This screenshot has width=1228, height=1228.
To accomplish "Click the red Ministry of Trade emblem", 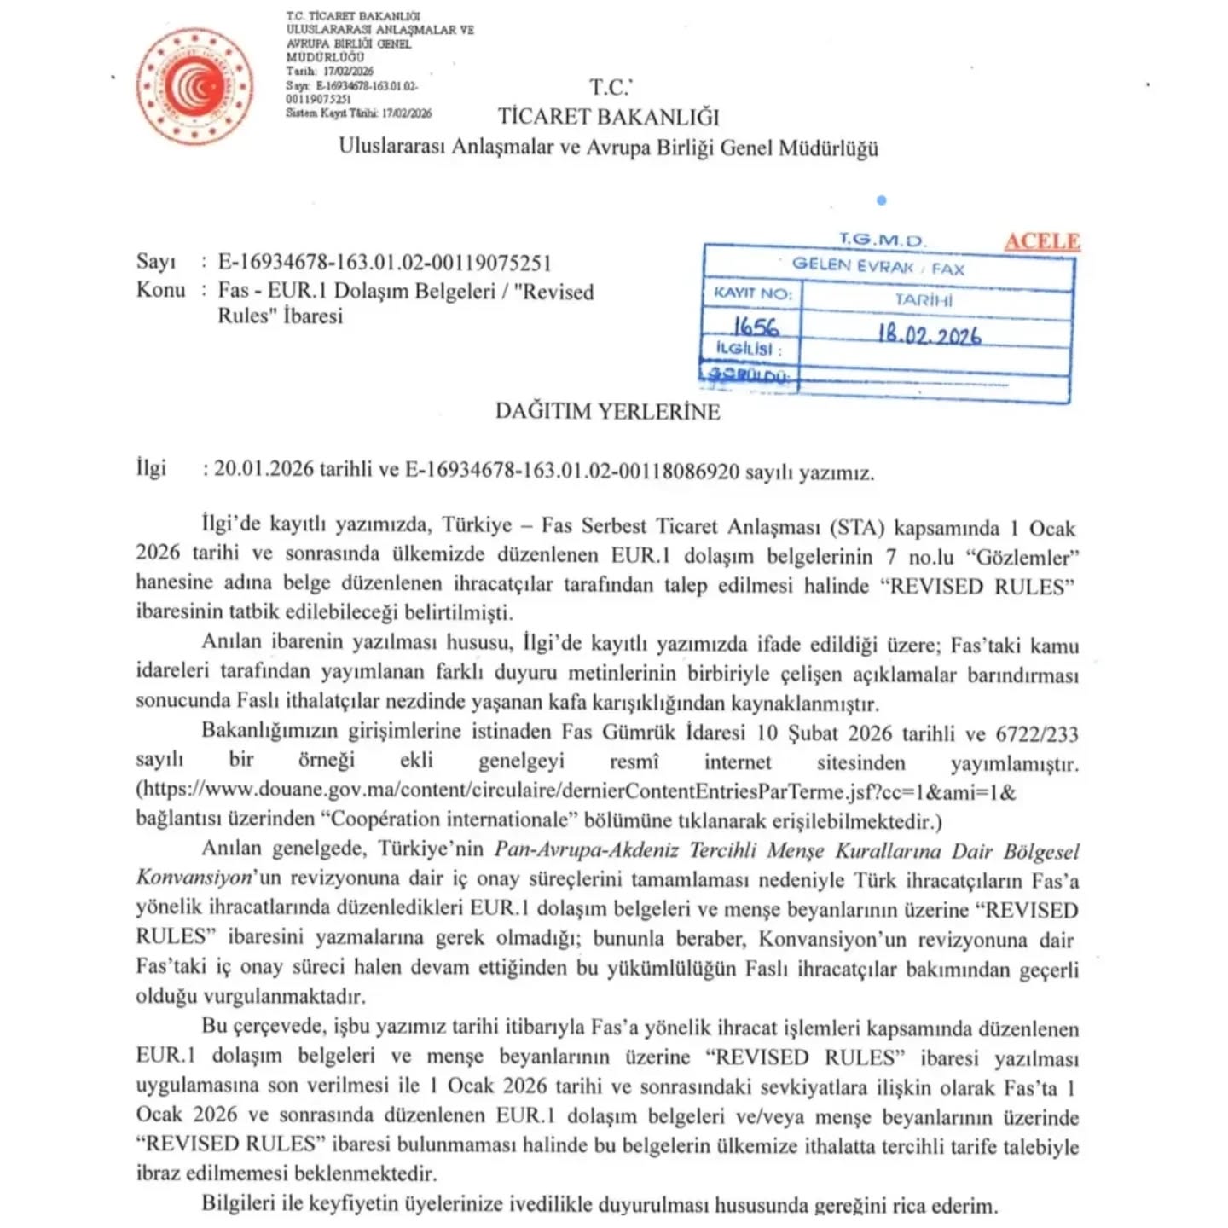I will pyautogui.click(x=195, y=86).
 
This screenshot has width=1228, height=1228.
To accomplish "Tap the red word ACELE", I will pyautogui.click(x=1041, y=241).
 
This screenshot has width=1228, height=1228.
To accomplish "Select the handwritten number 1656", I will pyautogui.click(x=756, y=327).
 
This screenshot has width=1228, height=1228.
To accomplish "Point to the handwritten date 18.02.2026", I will pyautogui.click(x=930, y=334).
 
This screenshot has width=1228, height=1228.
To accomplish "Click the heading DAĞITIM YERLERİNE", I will pyautogui.click(x=607, y=411).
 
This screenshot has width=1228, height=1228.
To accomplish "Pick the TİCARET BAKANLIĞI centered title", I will pyautogui.click(x=608, y=117).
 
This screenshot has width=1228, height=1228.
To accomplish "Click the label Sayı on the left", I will pyautogui.click(x=155, y=262).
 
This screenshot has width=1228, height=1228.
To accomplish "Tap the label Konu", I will pyautogui.click(x=160, y=290).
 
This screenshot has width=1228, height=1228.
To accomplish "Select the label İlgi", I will pyautogui.click(x=151, y=468).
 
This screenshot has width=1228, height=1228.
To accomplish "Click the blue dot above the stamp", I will pyautogui.click(x=881, y=200).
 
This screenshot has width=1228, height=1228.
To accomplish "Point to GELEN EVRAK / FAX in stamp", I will pyautogui.click(x=878, y=267).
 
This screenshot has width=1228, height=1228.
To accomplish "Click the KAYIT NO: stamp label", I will pyautogui.click(x=753, y=293).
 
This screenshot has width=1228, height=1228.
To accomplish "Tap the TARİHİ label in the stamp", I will pyautogui.click(x=924, y=300).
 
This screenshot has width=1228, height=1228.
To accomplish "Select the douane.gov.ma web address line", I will pyautogui.click(x=576, y=791).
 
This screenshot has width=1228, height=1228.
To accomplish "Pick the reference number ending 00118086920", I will pyautogui.click(x=571, y=471).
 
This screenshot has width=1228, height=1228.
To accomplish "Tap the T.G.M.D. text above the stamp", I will pyautogui.click(x=882, y=240).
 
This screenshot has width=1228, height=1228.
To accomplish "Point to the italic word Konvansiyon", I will pyautogui.click(x=194, y=877).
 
